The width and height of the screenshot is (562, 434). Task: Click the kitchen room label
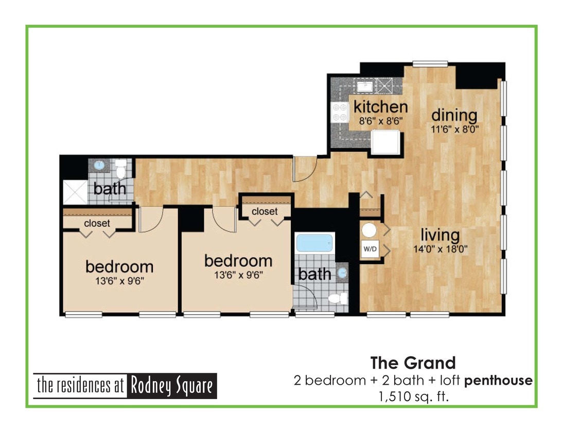[x=381, y=107]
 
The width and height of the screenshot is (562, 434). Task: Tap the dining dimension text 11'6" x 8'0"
[x=454, y=130]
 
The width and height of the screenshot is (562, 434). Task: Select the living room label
[x=440, y=236]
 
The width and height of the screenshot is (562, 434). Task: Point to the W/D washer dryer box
[x=370, y=249]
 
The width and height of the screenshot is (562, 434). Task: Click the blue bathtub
[x=315, y=243]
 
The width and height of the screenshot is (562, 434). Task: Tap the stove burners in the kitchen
[x=340, y=112]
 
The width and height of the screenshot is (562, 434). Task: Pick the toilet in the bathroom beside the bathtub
[x=337, y=298]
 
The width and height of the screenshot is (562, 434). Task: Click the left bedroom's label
[x=119, y=266]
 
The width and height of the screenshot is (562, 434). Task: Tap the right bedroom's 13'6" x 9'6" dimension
[x=238, y=274]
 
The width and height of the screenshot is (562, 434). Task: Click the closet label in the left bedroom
[x=97, y=223]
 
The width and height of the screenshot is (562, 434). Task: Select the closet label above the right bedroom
[x=265, y=211]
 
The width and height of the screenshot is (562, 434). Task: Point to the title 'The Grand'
[x=413, y=363]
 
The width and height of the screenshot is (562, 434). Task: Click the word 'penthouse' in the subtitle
[x=498, y=381]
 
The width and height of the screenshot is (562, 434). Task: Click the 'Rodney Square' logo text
[x=172, y=386]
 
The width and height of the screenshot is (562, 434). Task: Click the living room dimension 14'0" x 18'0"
[x=440, y=250]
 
